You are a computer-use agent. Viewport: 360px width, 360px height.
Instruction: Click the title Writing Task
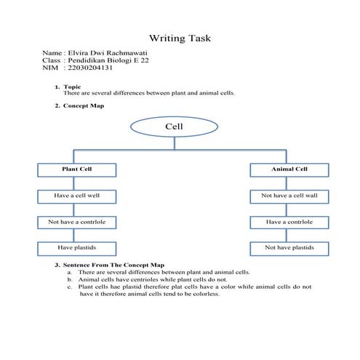tap(180, 38)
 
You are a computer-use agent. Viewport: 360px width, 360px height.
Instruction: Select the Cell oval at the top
tap(174, 127)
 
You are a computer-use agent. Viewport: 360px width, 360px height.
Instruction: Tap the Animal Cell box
tap(289, 169)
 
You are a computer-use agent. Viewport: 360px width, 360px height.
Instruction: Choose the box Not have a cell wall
tap(289, 196)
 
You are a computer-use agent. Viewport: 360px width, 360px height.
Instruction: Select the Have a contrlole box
tap(289, 222)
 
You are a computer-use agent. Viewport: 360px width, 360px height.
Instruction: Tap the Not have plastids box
tap(289, 248)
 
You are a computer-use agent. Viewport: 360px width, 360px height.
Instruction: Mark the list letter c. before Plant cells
tap(69, 287)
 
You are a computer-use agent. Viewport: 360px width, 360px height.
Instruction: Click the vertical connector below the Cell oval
tap(174, 143)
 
